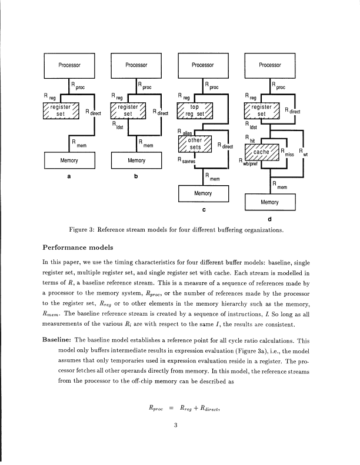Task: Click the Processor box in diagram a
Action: pos(69,64)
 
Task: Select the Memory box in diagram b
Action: pos(136,159)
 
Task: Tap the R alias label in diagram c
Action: pos(185,132)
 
